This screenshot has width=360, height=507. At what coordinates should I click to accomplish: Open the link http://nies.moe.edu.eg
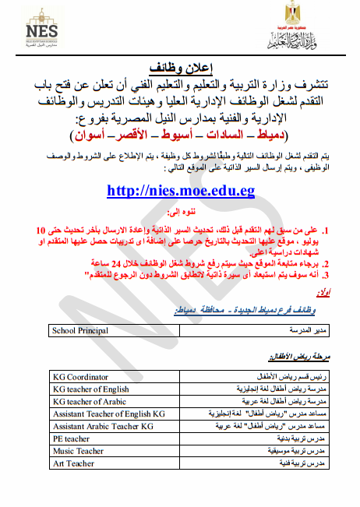(180, 191)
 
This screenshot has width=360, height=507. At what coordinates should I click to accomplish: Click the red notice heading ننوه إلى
(180, 212)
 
